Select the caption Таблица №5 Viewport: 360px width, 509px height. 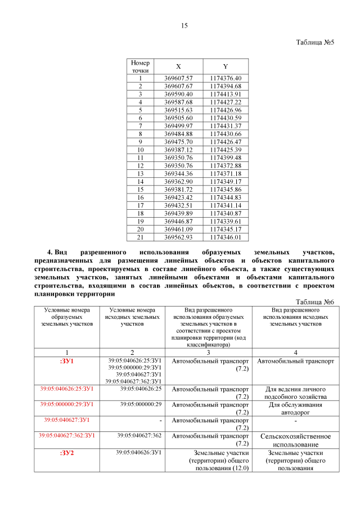[315, 43]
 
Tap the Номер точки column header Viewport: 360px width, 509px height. [140, 66]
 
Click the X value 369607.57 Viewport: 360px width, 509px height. [178, 78]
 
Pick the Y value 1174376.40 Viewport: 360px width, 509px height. [225, 78]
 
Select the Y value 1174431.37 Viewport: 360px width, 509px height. [225, 126]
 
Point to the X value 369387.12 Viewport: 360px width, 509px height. [178, 150]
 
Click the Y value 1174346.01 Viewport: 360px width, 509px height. [225, 238]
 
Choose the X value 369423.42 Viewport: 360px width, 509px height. [178, 198]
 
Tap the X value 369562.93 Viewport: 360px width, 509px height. [178, 238]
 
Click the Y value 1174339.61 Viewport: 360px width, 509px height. [225, 222]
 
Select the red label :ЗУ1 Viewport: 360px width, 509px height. [66, 361]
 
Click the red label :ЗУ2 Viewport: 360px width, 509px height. [66, 452]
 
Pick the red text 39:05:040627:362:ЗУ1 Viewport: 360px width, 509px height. [66, 435]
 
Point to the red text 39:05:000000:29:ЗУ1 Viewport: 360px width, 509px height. [66, 404]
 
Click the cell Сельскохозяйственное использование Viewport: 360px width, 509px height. [295, 440]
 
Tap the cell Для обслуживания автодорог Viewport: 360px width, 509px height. [295, 408]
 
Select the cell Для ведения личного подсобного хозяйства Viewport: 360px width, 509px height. [295, 392]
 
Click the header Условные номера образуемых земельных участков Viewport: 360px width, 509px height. [66, 317]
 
